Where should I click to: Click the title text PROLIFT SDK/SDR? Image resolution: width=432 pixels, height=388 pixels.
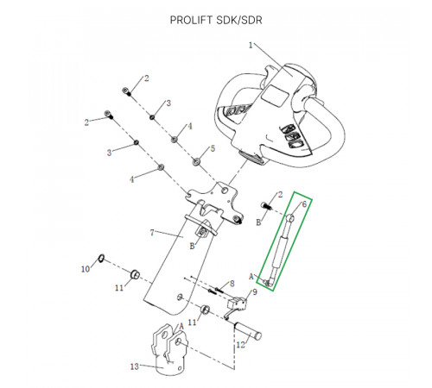point(216,20)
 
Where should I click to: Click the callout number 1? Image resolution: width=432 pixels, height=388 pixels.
point(251,45)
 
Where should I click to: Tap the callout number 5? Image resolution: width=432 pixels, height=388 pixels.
point(213,148)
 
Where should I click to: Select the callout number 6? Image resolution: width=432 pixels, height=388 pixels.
point(304,204)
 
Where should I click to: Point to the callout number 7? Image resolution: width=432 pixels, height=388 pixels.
point(152,232)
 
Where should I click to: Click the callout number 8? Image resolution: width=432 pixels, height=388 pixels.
point(232,284)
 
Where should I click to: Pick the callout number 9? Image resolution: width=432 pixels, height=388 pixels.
point(255,292)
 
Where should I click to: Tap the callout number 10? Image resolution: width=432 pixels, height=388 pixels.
point(86,269)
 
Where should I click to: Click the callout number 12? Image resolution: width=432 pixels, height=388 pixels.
point(241,345)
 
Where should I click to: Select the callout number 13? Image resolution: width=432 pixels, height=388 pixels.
point(135,366)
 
